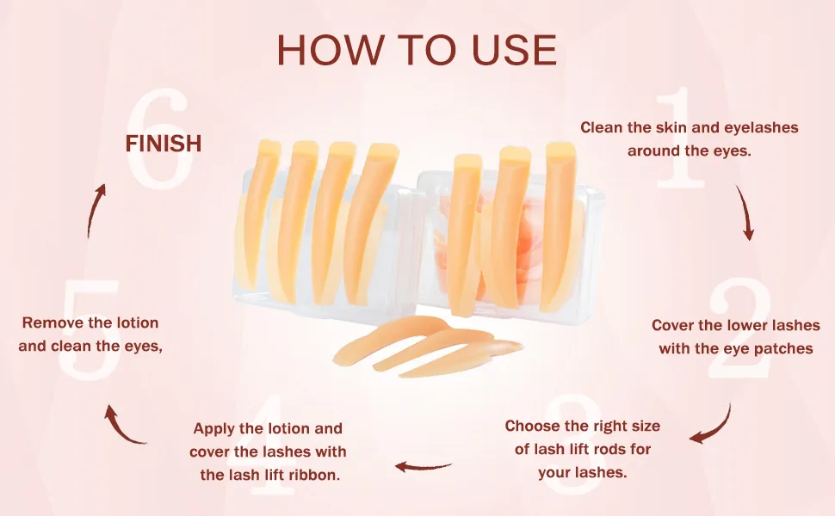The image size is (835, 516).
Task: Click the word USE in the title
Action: click(x=514, y=50)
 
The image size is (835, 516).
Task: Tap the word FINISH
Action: click(x=164, y=144)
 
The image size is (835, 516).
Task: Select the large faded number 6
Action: click(x=159, y=138)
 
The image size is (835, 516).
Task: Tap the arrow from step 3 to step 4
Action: click(x=424, y=466)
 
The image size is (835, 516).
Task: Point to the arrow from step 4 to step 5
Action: click(x=121, y=429)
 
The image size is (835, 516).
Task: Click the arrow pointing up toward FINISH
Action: click(x=94, y=211)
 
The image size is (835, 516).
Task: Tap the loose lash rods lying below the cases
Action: click(x=426, y=346)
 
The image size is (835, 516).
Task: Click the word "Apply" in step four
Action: click(x=213, y=429)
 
